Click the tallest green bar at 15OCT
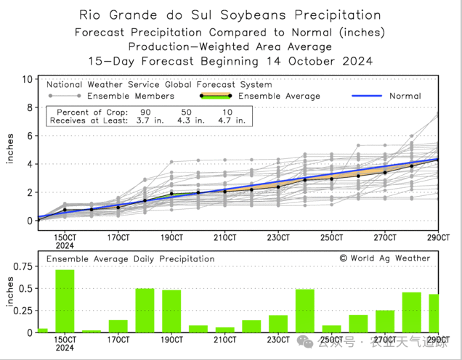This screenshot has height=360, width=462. pos(65,300)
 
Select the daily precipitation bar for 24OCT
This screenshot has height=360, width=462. pos(304,311)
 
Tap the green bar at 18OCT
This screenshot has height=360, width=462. pos(145,311)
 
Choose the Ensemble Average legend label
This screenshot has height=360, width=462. pos(279,96)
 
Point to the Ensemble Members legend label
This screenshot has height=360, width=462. pos(131,96)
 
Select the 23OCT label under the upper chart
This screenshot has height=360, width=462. pos(278,237)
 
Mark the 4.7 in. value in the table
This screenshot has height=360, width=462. pos(230,120)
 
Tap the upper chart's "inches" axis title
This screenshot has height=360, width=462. pos(9,148)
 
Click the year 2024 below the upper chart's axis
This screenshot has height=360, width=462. pos(65,246)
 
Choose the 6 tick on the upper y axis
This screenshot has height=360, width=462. pos(29,136)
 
